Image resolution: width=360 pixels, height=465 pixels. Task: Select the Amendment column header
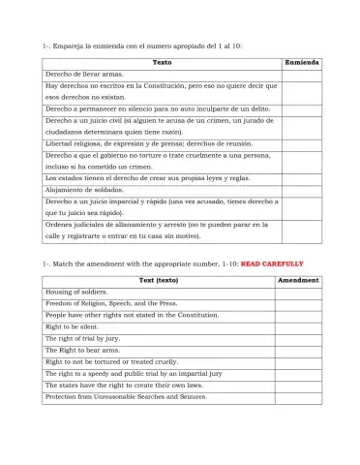click(298, 279)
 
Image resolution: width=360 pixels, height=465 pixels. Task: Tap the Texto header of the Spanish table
click(161, 62)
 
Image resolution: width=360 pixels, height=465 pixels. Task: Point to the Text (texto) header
click(160, 279)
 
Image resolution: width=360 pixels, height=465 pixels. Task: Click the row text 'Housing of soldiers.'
click(78, 292)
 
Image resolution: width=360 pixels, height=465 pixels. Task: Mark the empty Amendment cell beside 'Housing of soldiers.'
click(298, 292)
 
